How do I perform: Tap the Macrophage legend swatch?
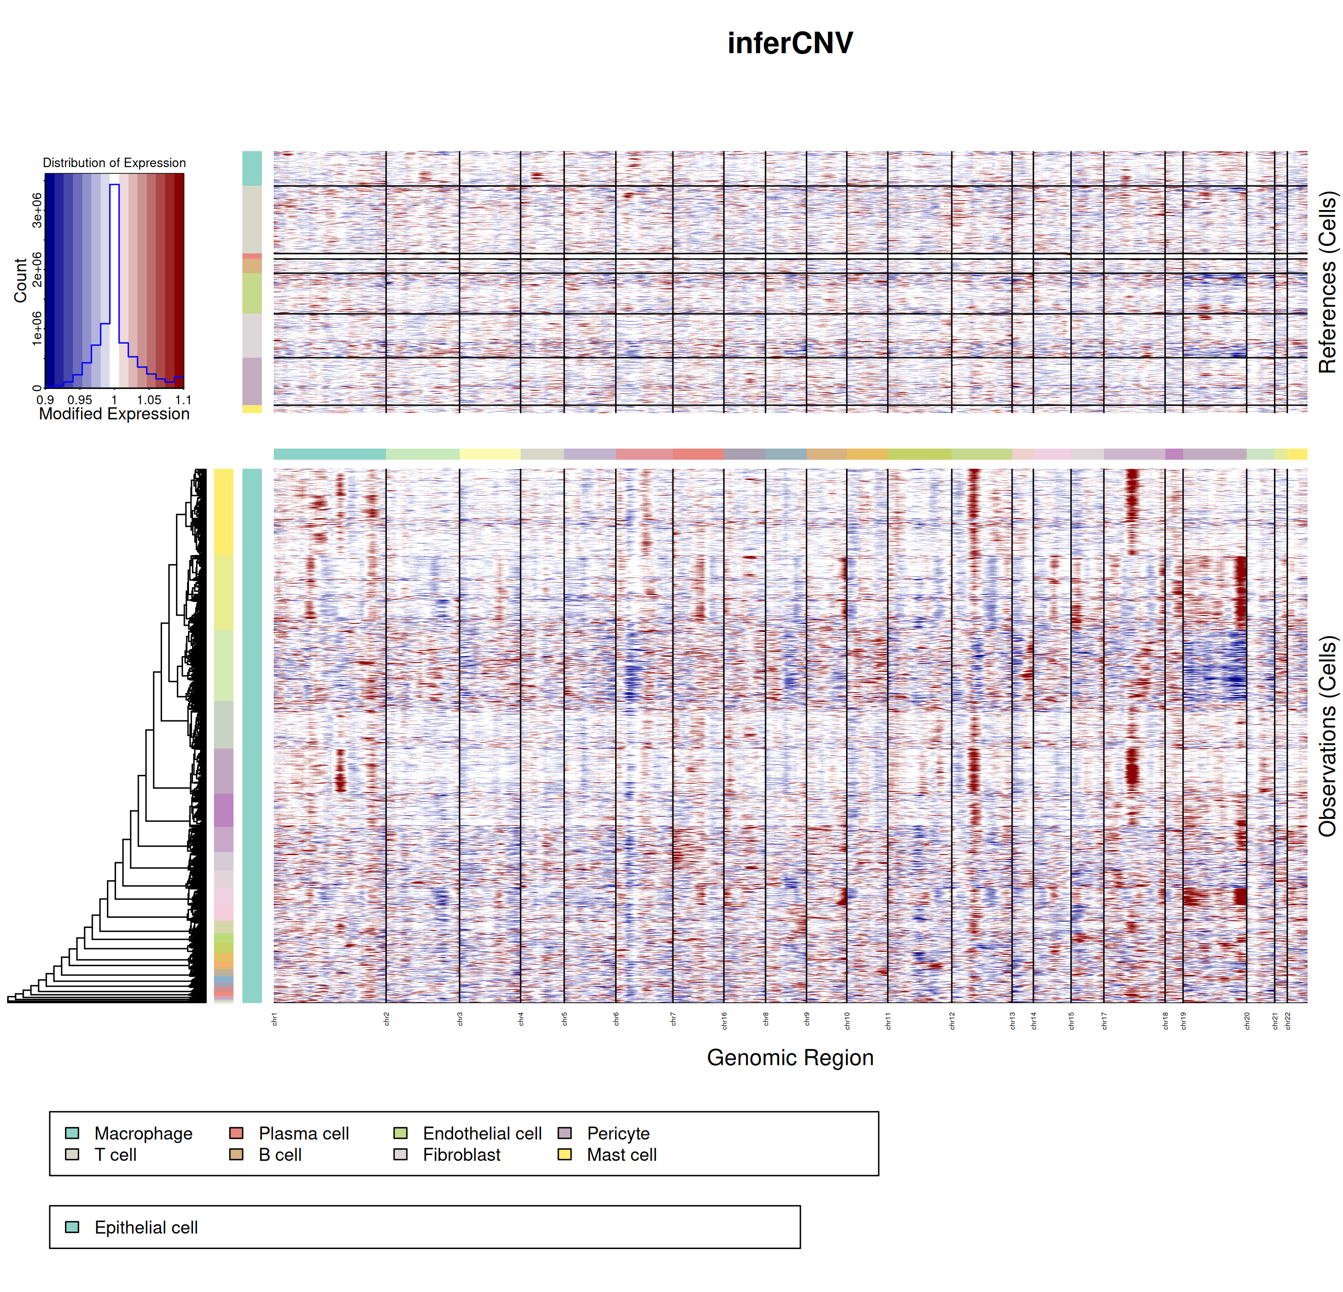click(x=72, y=1133)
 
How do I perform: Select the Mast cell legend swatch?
click(x=565, y=1154)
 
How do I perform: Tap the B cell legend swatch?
click(x=236, y=1154)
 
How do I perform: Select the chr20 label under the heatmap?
click(x=1247, y=1021)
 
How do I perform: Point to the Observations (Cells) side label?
click(x=1327, y=736)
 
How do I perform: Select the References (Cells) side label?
click(x=1327, y=282)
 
